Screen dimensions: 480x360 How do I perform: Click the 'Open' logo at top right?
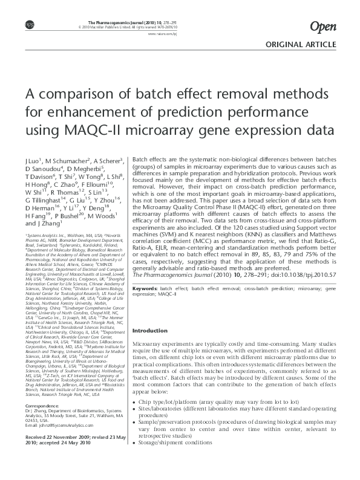click(x=322, y=25)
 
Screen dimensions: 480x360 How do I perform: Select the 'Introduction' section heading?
click(x=150, y=331)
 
